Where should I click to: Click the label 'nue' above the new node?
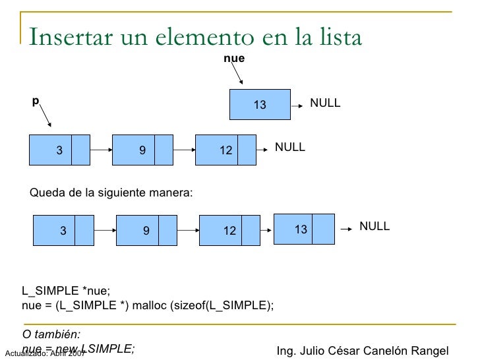(234, 59)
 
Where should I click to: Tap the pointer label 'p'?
(36, 101)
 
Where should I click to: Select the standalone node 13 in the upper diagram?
(260, 104)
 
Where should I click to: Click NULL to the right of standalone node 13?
(325, 104)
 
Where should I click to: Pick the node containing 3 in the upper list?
(60, 150)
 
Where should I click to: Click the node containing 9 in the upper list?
(142, 150)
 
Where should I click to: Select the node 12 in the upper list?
(226, 150)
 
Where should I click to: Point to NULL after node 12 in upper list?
(290, 147)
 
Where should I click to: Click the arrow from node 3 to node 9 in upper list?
(101, 150)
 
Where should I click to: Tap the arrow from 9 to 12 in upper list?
(184, 150)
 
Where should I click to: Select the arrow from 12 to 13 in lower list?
(266, 230)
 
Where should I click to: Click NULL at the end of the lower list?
(375, 226)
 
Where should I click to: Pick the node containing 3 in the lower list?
(63, 230)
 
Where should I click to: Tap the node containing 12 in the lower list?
(229, 230)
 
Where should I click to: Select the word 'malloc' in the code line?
(152, 305)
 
